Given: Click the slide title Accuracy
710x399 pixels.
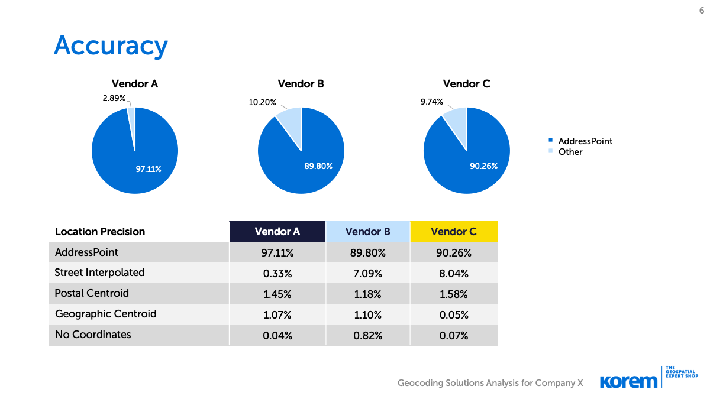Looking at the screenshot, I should pyautogui.click(x=111, y=46).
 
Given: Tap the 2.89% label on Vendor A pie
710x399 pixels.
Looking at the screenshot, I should pyautogui.click(x=114, y=98).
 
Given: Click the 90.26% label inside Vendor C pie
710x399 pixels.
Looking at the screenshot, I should pyautogui.click(x=483, y=166).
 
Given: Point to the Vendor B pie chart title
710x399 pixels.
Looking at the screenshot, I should pyautogui.click(x=301, y=84).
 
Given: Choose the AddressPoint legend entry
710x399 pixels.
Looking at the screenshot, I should pyautogui.click(x=585, y=141).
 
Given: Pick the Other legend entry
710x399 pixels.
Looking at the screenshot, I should pyautogui.click(x=570, y=152).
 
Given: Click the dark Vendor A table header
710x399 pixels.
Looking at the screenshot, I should pyautogui.click(x=277, y=232).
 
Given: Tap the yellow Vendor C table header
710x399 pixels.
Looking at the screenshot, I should pyautogui.click(x=453, y=232).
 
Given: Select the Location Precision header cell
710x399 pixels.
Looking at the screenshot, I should pyautogui.click(x=100, y=232).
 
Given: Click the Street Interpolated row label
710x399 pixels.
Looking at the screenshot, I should pyautogui.click(x=99, y=273).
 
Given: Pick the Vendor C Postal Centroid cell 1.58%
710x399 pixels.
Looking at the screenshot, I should pyautogui.click(x=453, y=294).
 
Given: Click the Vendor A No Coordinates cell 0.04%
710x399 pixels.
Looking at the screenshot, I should pyautogui.click(x=277, y=335).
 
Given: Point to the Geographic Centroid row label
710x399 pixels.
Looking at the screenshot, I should pyautogui.click(x=105, y=314).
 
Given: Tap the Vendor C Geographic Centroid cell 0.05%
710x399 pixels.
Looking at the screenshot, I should pyautogui.click(x=453, y=314).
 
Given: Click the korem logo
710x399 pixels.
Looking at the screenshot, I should pyautogui.click(x=628, y=381).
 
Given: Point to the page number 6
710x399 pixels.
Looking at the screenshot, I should pyautogui.click(x=702, y=10).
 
